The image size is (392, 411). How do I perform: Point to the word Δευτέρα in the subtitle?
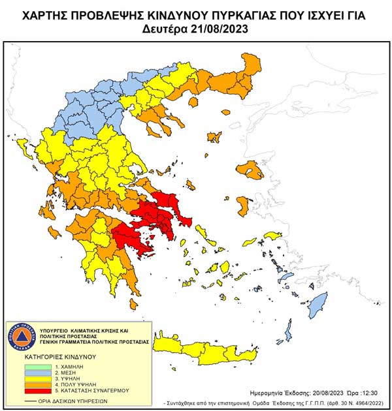164,29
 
